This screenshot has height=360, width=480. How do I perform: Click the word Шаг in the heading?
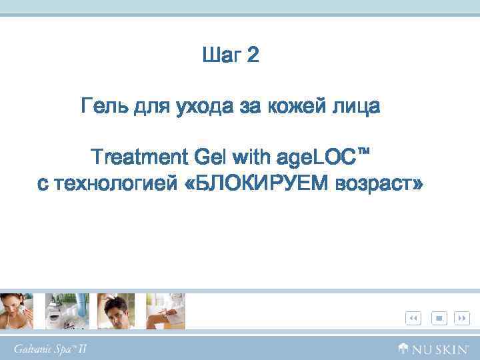tap(221, 55)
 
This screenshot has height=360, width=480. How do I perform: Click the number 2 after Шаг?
tap(253, 55)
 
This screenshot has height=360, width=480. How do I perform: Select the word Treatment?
tap(139, 157)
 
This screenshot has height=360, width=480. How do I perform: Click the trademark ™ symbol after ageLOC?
tap(363, 153)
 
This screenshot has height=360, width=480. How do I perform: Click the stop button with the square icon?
tap(439, 318)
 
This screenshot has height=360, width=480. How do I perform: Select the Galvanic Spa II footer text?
tap(51, 349)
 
